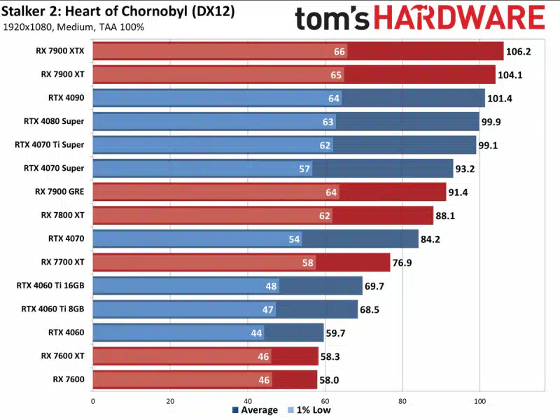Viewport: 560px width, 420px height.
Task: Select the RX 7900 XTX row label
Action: pyautogui.click(x=62, y=51)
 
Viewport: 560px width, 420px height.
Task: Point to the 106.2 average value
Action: pyautogui.click(x=519, y=51)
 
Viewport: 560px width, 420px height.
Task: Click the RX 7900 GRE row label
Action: pyautogui.click(x=62, y=191)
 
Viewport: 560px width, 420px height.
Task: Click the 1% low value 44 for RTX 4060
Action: pyautogui.click(x=256, y=332)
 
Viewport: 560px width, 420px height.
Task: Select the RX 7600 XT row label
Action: pyautogui.click(x=62, y=356)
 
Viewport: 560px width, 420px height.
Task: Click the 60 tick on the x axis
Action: pyautogui.click(x=325, y=401)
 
